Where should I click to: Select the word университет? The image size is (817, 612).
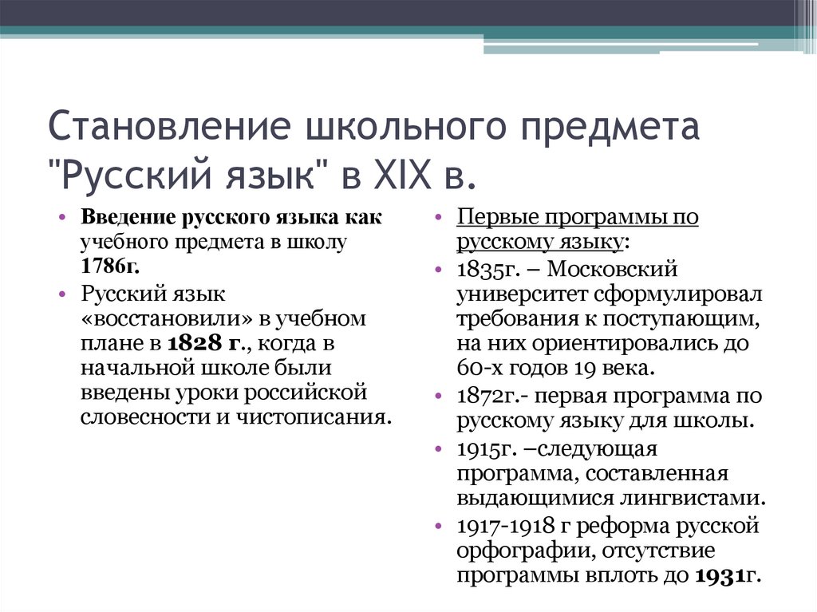[519, 294]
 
